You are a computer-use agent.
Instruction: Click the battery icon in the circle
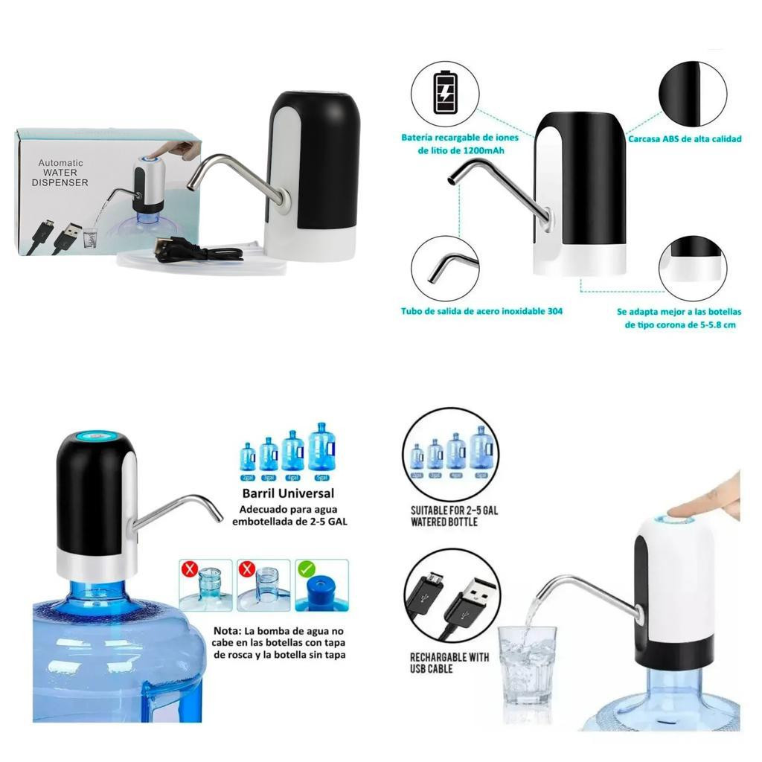point(444,93)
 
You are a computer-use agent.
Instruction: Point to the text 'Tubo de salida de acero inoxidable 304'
point(481,311)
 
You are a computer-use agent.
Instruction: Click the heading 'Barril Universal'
point(288,493)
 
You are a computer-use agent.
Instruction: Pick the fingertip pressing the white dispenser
point(681,511)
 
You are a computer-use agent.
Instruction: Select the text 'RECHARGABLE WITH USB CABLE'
point(449,663)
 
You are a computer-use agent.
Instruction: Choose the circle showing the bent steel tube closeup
point(444,269)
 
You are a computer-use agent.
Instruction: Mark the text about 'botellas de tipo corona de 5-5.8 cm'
point(679,318)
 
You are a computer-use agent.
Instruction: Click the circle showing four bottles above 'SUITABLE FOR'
point(450,453)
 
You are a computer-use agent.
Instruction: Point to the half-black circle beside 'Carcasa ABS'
point(692,95)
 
